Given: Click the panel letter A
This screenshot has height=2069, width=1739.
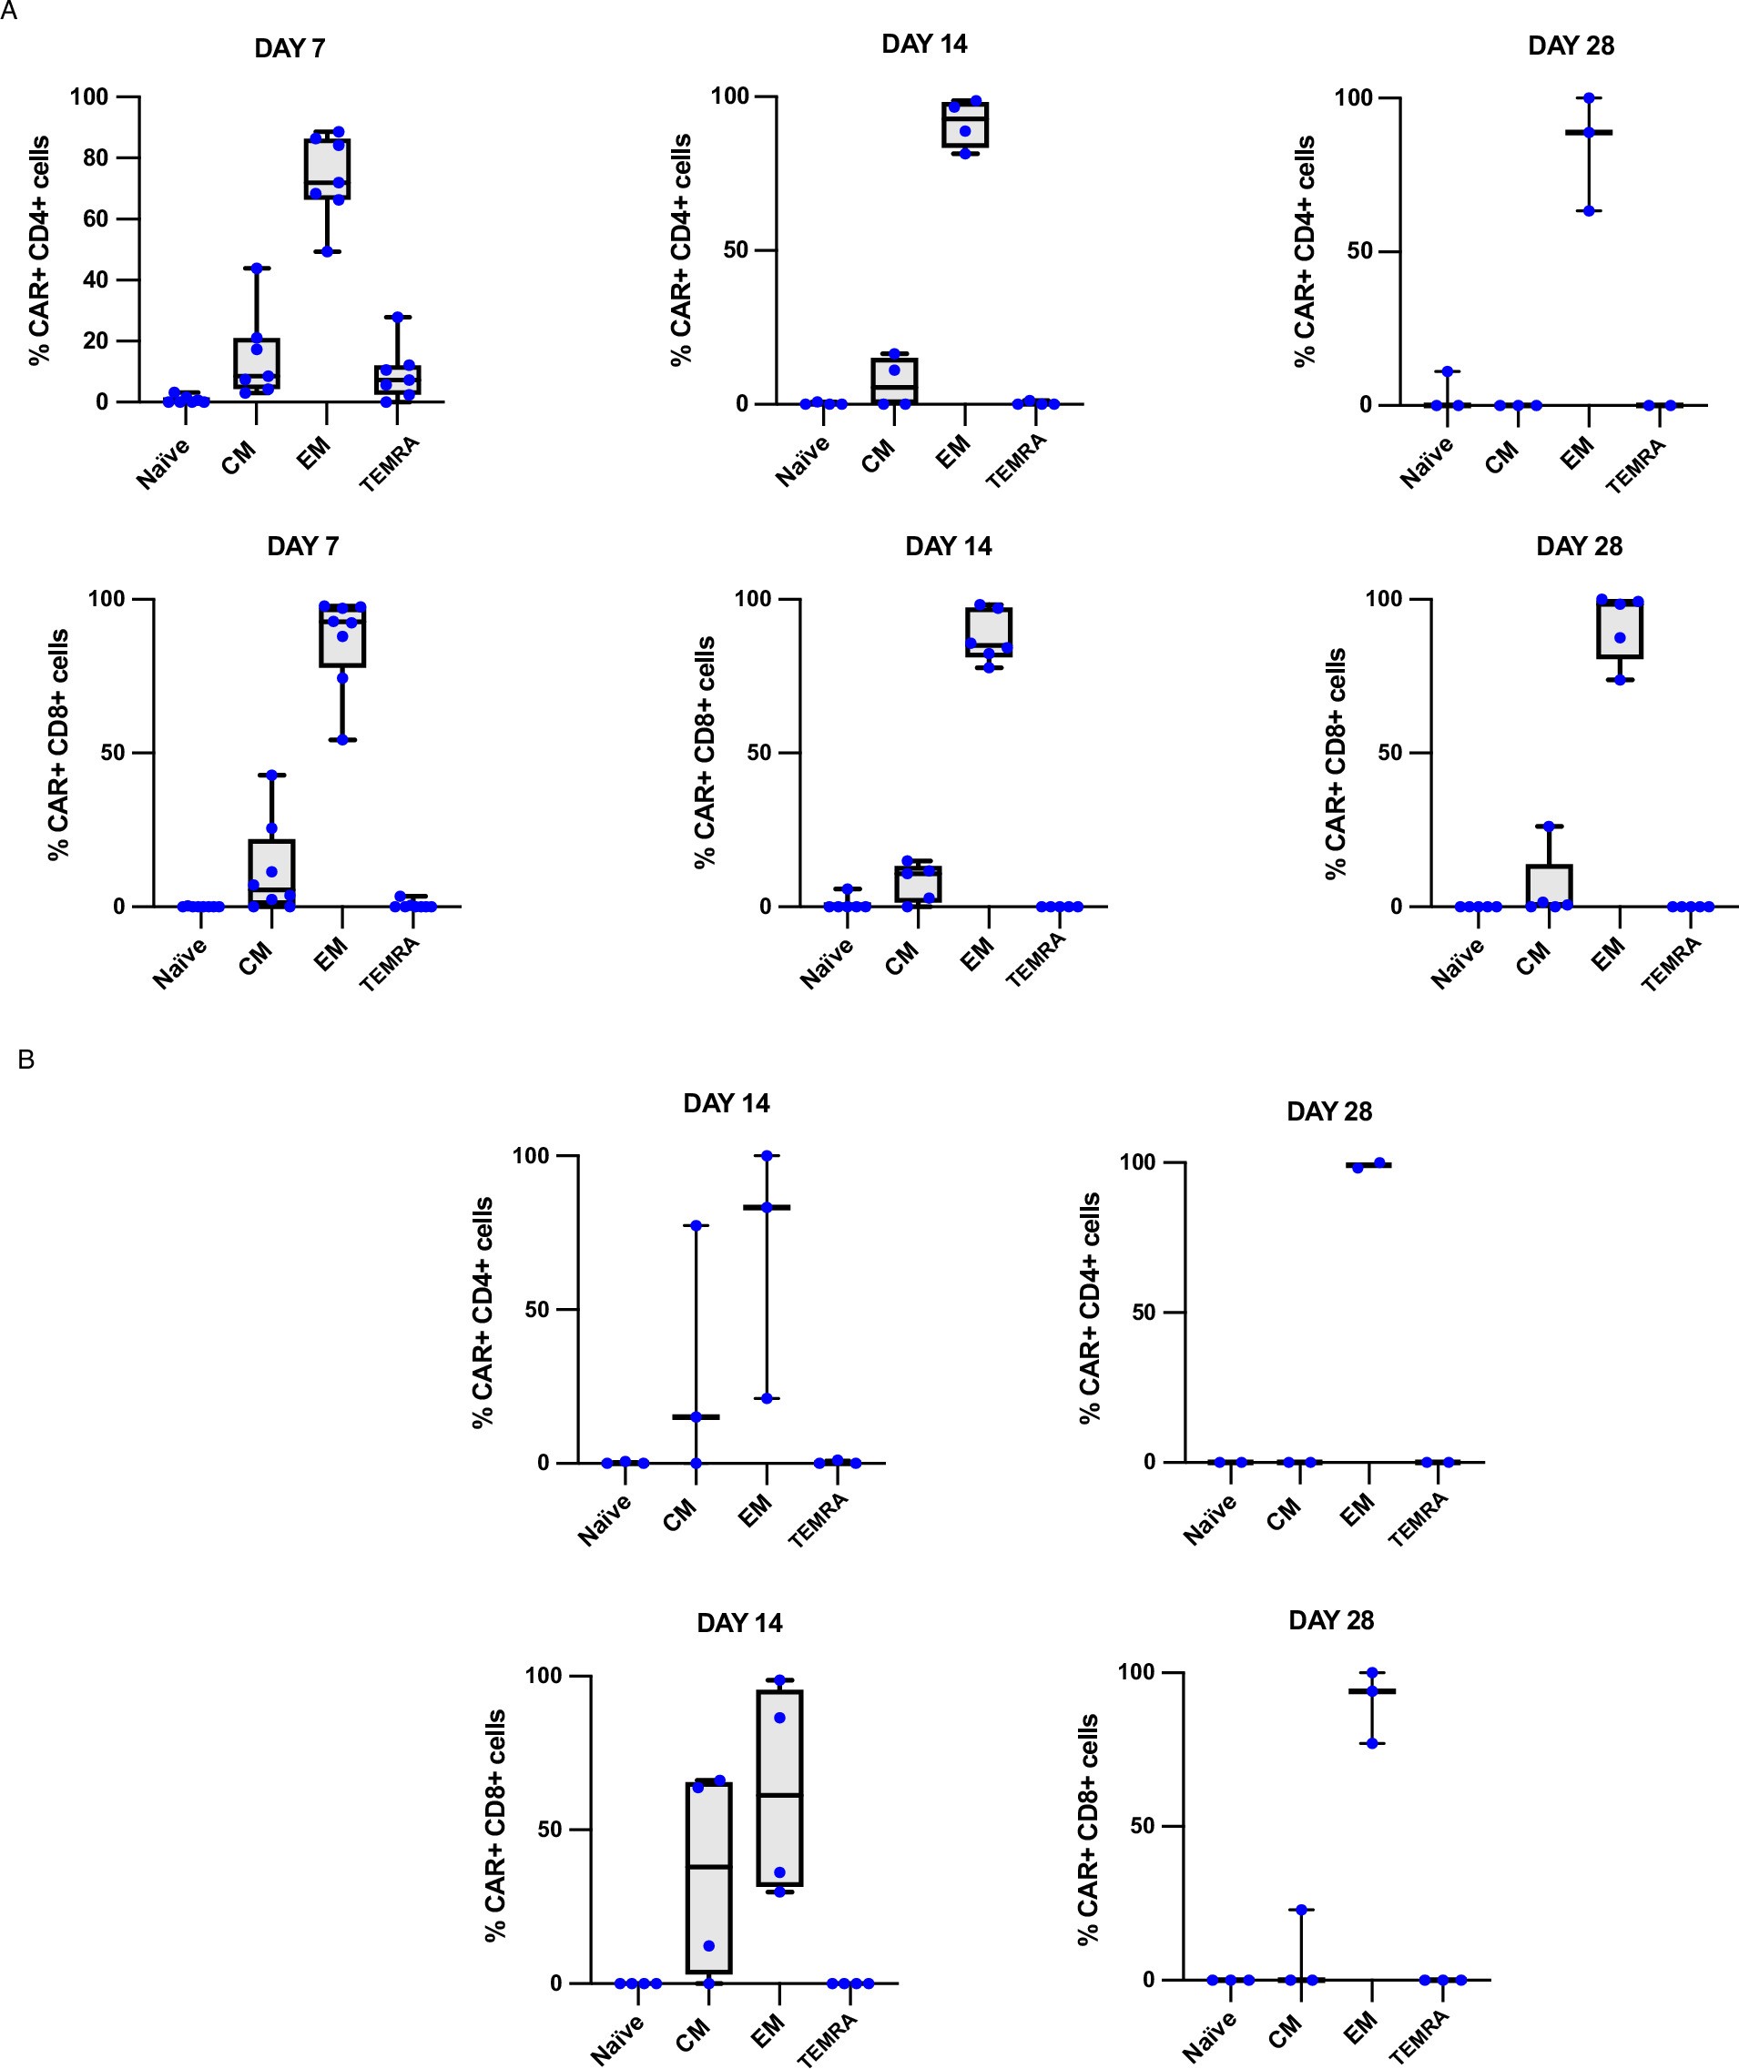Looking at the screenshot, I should (x=8, y=9).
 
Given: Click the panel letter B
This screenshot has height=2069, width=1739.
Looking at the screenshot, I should (x=26, y=1060).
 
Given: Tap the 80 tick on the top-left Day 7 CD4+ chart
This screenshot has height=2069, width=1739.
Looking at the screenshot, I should (x=96, y=157).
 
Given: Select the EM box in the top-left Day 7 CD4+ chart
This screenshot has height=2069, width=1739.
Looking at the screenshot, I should (x=327, y=168).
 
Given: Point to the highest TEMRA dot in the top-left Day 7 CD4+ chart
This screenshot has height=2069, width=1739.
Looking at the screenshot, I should (x=398, y=318).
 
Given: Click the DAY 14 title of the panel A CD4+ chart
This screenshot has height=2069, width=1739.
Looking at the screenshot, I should (x=924, y=45).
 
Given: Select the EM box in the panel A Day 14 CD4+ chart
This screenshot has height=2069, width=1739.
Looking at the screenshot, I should (x=965, y=124).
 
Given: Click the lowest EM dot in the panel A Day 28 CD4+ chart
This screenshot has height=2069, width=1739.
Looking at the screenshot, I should (x=1588, y=211).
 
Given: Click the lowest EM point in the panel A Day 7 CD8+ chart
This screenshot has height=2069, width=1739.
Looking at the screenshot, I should (x=343, y=740).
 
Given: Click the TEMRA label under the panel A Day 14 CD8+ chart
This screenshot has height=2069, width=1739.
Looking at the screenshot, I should (x=1036, y=959).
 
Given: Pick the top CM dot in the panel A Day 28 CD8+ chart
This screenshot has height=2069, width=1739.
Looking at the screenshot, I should (x=1549, y=826).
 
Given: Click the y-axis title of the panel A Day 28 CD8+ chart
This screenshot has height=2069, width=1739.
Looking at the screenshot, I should (x=1336, y=763).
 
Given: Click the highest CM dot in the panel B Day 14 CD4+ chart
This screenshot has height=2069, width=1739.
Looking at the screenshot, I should (x=696, y=1225).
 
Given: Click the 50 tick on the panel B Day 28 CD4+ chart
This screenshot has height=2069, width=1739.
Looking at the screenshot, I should (x=1144, y=1313).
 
